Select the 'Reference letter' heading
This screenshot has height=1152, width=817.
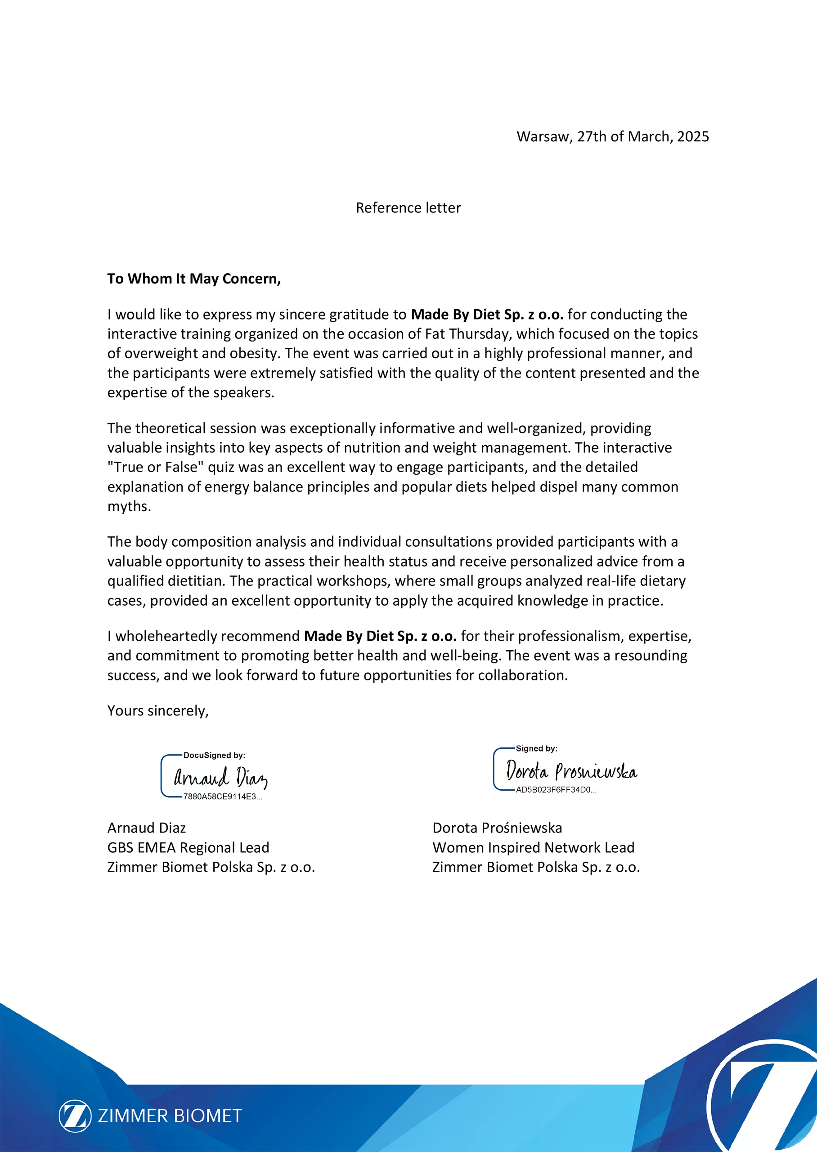coord(408,208)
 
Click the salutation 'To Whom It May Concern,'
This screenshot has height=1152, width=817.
coord(194,279)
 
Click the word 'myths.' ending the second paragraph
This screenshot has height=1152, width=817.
coord(129,507)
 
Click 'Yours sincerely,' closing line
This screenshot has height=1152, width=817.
coord(158,711)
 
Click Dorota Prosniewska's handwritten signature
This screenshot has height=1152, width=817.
coord(571,771)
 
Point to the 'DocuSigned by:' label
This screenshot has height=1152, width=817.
coord(214,755)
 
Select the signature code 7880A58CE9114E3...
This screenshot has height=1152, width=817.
coord(222,797)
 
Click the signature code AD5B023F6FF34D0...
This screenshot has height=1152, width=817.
coord(556,790)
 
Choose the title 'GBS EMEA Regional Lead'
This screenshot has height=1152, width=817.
coord(188,848)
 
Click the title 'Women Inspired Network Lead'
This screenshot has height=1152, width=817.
coord(533,848)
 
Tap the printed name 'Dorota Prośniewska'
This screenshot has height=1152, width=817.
coord(497,828)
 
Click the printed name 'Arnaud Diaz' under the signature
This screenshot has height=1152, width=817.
coord(146,828)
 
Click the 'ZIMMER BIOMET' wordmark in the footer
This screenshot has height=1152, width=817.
coord(170,1116)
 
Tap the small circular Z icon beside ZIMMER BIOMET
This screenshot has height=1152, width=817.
coord(76,1116)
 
